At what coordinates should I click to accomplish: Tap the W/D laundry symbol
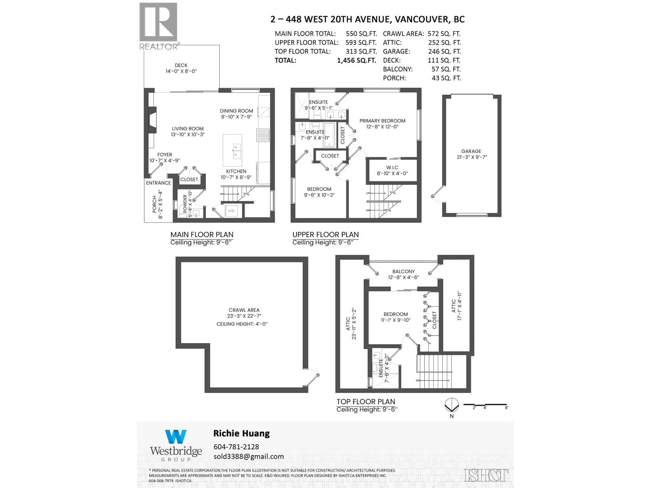pyautogui.click(x=231, y=211)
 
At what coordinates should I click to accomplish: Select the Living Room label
pyautogui.click(x=188, y=129)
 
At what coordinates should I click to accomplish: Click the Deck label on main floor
pyautogui.click(x=181, y=65)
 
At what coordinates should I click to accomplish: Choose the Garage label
pyautogui.click(x=471, y=151)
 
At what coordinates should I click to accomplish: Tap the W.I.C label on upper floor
pyautogui.click(x=392, y=168)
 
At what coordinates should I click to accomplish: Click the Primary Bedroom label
pyautogui.click(x=382, y=121)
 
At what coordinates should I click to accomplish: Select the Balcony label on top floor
pyautogui.click(x=403, y=271)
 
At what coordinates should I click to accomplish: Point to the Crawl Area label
pyautogui.click(x=244, y=310)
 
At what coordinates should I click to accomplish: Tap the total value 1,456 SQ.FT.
pyautogui.click(x=356, y=61)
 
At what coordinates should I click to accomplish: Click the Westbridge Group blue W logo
pyautogui.click(x=176, y=437)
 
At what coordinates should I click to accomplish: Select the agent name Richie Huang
pyautogui.click(x=241, y=434)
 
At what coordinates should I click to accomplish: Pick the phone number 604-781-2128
pyautogui.click(x=236, y=447)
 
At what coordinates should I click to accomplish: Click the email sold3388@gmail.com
pyautogui.click(x=249, y=456)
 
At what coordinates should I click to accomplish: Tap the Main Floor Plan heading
pyautogui.click(x=202, y=235)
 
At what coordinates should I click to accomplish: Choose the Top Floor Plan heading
pyautogui.click(x=365, y=402)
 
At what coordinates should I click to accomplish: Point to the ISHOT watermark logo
pyautogui.click(x=486, y=475)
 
